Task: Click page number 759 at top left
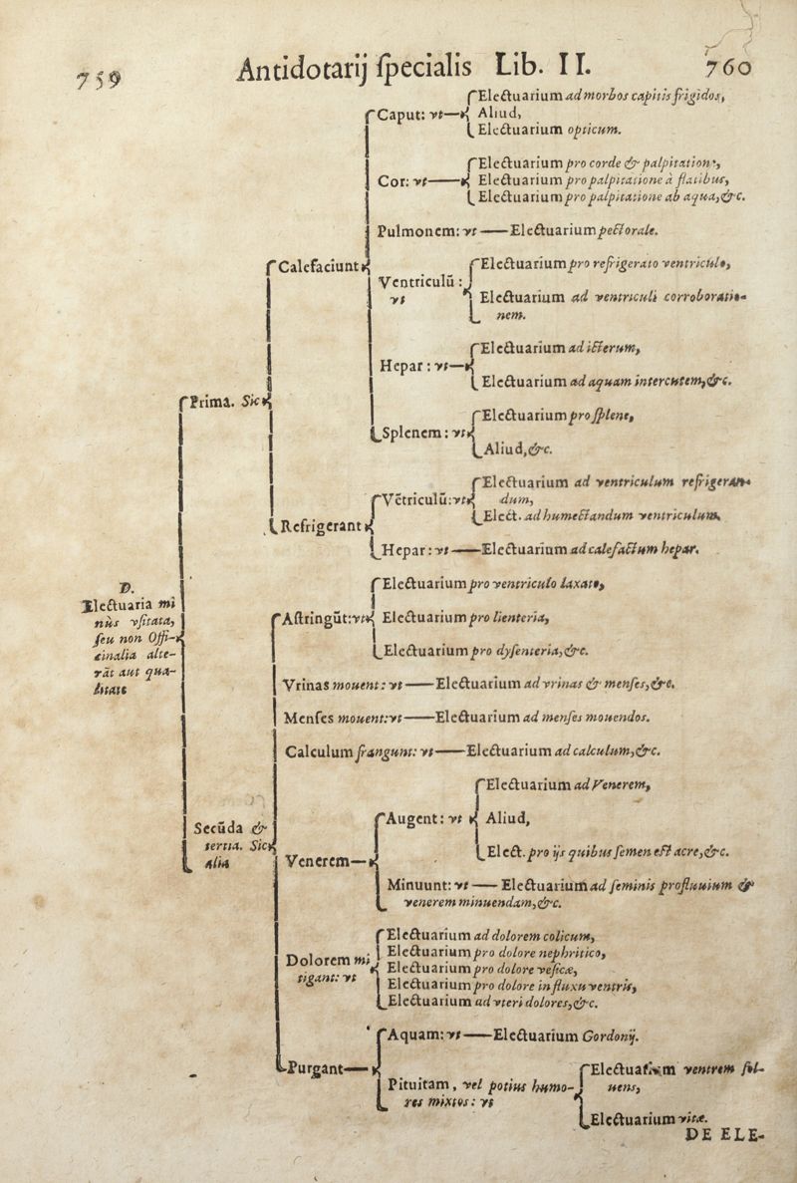(89, 80)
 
